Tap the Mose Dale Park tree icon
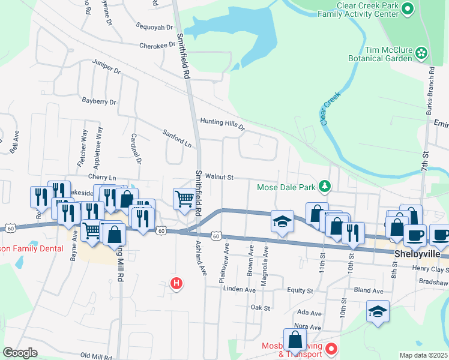pos(325,187)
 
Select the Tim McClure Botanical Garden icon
pos(422,53)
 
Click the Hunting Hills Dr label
pos(223,124)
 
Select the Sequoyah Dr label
pos(154,27)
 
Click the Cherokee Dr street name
pos(156,46)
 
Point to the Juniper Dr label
pos(106,66)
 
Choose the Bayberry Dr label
pos(98,101)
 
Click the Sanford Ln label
pos(177,138)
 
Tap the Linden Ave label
pos(240,289)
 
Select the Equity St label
pos(300,290)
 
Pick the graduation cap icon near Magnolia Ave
pos(282,220)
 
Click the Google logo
pos(20,353)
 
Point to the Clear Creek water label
pos(330,108)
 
